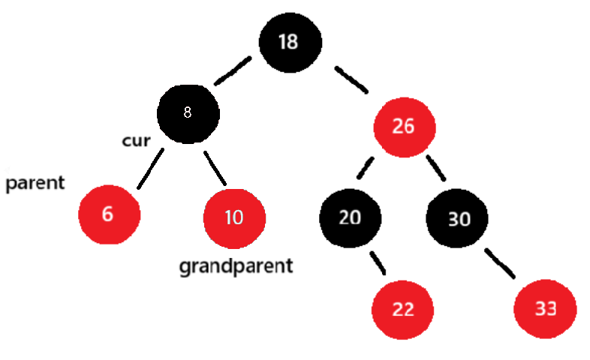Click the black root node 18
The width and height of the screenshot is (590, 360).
coord(289,41)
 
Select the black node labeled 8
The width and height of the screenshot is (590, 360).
coord(188,113)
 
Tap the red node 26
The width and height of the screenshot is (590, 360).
coord(404,126)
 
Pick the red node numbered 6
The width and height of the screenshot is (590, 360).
coord(109,214)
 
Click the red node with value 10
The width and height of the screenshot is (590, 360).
coord(233,218)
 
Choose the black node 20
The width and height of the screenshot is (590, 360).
coord(350,217)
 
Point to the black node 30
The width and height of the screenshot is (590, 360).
coord(457,219)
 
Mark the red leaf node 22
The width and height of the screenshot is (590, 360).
coord(404,309)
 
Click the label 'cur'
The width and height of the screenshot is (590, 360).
coord(137,141)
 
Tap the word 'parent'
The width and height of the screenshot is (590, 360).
coord(35,183)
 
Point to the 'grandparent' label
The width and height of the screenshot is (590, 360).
coord(235,265)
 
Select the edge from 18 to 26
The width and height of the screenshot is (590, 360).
coord(351,80)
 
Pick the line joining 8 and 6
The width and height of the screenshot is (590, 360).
coord(150,169)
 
